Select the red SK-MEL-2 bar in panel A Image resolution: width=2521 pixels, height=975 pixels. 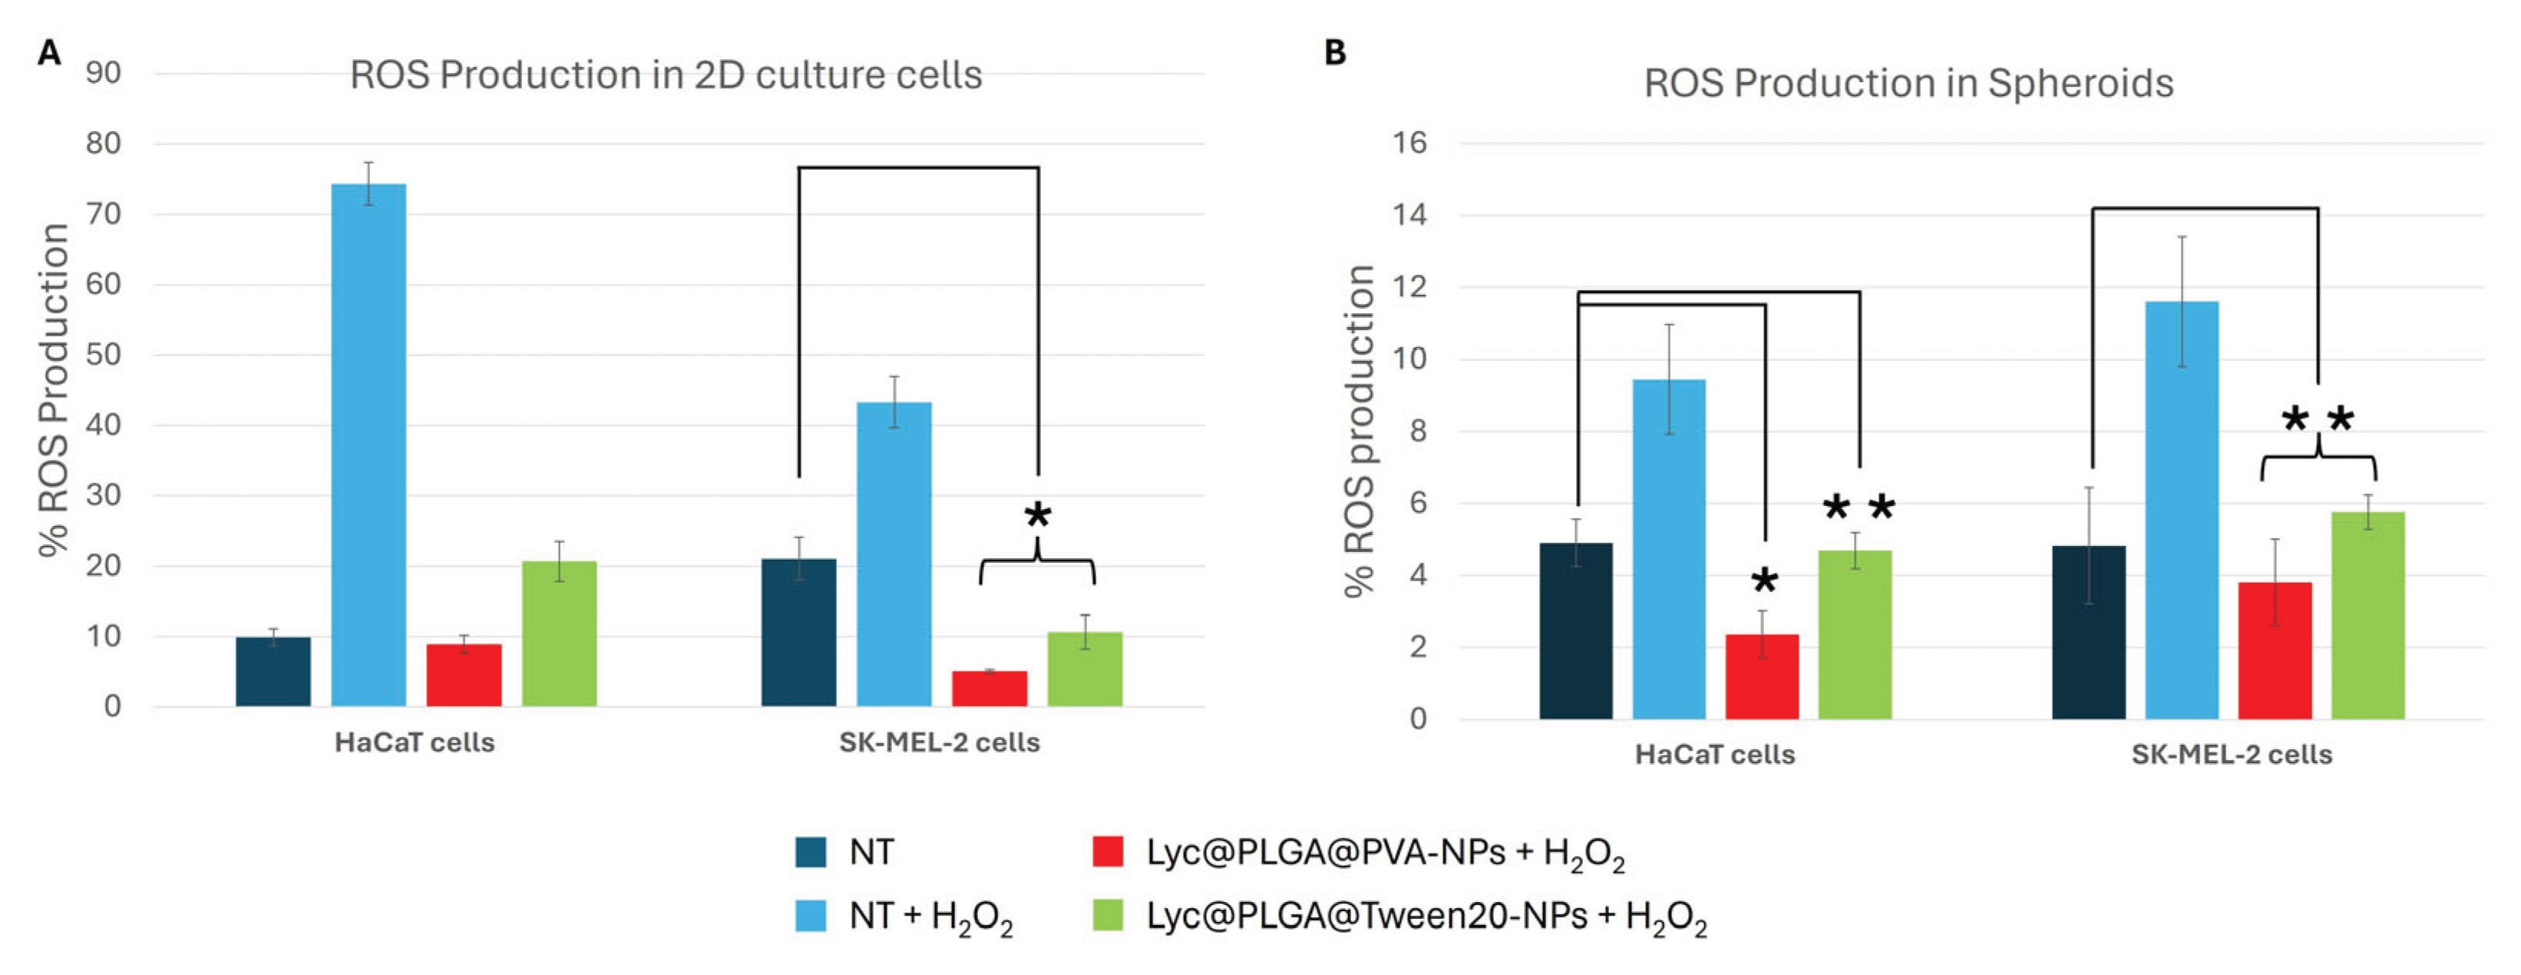[989, 688]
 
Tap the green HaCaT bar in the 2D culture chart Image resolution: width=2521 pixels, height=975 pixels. [559, 633]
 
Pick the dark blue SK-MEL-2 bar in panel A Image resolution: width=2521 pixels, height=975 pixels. [798, 633]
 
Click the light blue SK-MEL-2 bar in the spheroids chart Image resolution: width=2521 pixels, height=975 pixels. [2182, 509]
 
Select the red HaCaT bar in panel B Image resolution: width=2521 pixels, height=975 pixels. [1762, 676]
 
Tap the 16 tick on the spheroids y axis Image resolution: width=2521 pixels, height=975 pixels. [1409, 143]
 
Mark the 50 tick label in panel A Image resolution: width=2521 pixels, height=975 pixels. [103, 355]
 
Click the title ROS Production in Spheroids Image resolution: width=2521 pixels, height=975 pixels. [1908, 83]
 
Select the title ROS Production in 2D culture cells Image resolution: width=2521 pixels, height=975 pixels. [666, 75]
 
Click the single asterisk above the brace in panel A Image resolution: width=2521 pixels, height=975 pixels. [1037, 515]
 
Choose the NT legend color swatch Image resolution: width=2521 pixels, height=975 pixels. [811, 851]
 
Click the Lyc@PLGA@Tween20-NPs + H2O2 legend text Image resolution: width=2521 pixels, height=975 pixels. [1426, 917]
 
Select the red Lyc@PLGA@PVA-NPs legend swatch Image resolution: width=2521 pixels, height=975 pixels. [1107, 851]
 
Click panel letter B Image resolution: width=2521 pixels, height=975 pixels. [1335, 52]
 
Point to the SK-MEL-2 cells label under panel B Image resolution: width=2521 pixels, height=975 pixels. [2232, 755]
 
